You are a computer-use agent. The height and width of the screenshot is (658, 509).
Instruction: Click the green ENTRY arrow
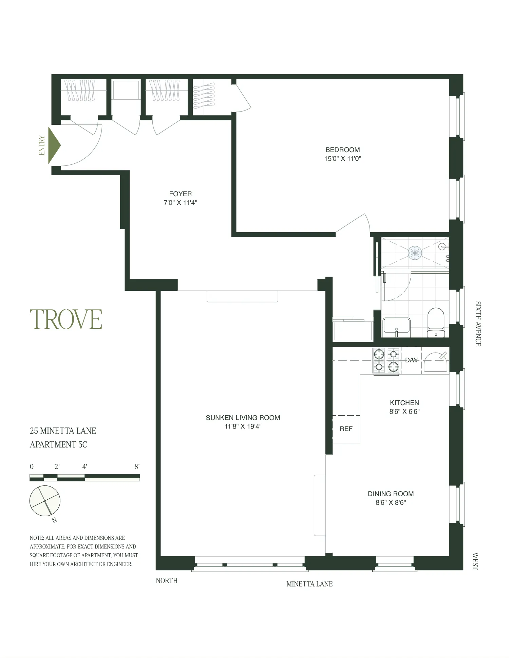point(54,145)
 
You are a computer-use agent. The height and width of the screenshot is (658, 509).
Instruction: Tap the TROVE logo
point(66,319)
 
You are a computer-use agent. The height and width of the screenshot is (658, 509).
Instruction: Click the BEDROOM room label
point(342,149)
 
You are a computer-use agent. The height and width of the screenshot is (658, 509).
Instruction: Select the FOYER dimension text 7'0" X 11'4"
point(180,203)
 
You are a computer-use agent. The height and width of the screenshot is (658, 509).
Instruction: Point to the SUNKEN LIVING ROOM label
point(243,418)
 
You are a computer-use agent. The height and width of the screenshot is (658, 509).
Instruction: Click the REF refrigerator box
point(346,429)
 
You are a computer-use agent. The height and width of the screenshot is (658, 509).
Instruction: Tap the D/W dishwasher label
point(411,360)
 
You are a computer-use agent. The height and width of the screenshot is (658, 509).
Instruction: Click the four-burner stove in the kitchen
point(387,361)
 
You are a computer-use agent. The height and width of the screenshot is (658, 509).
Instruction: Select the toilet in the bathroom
point(436,323)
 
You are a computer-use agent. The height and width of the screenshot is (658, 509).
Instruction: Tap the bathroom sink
point(396,327)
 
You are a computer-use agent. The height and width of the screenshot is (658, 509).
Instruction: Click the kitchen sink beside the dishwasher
point(436,362)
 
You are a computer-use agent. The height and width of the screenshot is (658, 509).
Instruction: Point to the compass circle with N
point(45,501)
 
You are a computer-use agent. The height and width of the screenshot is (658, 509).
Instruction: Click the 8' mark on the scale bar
point(137,466)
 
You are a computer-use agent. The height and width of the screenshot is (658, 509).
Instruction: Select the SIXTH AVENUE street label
point(478,324)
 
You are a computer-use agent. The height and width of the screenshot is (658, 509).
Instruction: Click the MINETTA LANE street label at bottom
point(309,584)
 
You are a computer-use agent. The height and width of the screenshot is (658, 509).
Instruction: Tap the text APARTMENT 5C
point(58,444)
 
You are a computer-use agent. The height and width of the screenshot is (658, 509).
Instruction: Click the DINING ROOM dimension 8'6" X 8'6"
point(391,503)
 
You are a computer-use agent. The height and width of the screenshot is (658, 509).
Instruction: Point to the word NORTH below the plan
point(166,580)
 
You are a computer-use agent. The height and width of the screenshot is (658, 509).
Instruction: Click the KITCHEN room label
point(404,403)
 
